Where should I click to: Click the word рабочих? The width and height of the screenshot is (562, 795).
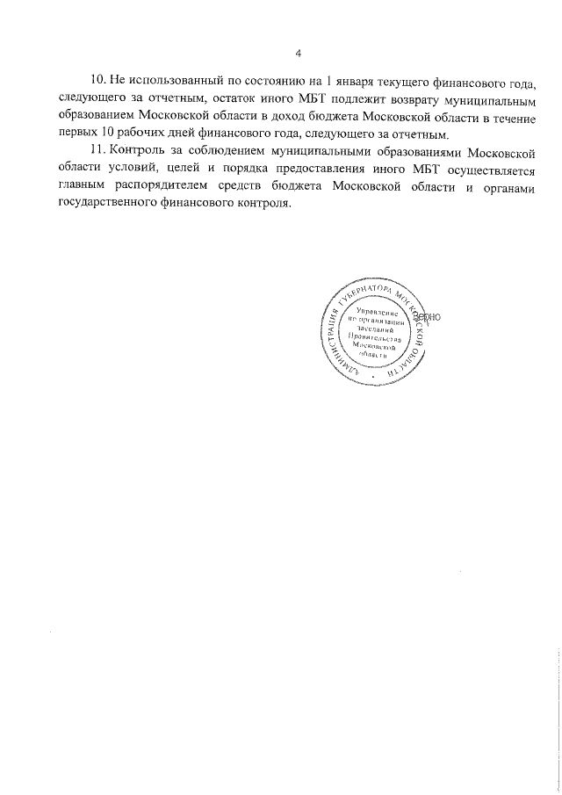coord(134,134)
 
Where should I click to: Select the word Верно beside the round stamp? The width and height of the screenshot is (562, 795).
coord(438,315)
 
